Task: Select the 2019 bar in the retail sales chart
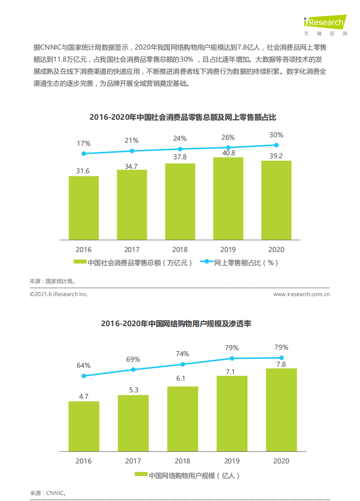pyautogui.click(x=228, y=198)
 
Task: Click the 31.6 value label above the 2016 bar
pyautogui.click(x=83, y=171)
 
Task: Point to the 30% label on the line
pyautogui.click(x=276, y=135)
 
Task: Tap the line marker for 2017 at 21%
pyautogui.click(x=132, y=151)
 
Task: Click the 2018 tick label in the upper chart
pyautogui.click(x=180, y=249)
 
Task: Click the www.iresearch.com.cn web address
pyautogui.click(x=301, y=294)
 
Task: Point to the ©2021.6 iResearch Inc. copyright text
pyautogui.click(x=59, y=294)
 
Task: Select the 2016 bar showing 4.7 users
pyautogui.click(x=84, y=425)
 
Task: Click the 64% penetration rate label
pyautogui.click(x=84, y=365)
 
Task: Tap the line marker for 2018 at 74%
pyautogui.click(x=183, y=364)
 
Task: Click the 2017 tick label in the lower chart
pyautogui.click(x=133, y=461)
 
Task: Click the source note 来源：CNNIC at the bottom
pyautogui.click(x=48, y=493)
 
